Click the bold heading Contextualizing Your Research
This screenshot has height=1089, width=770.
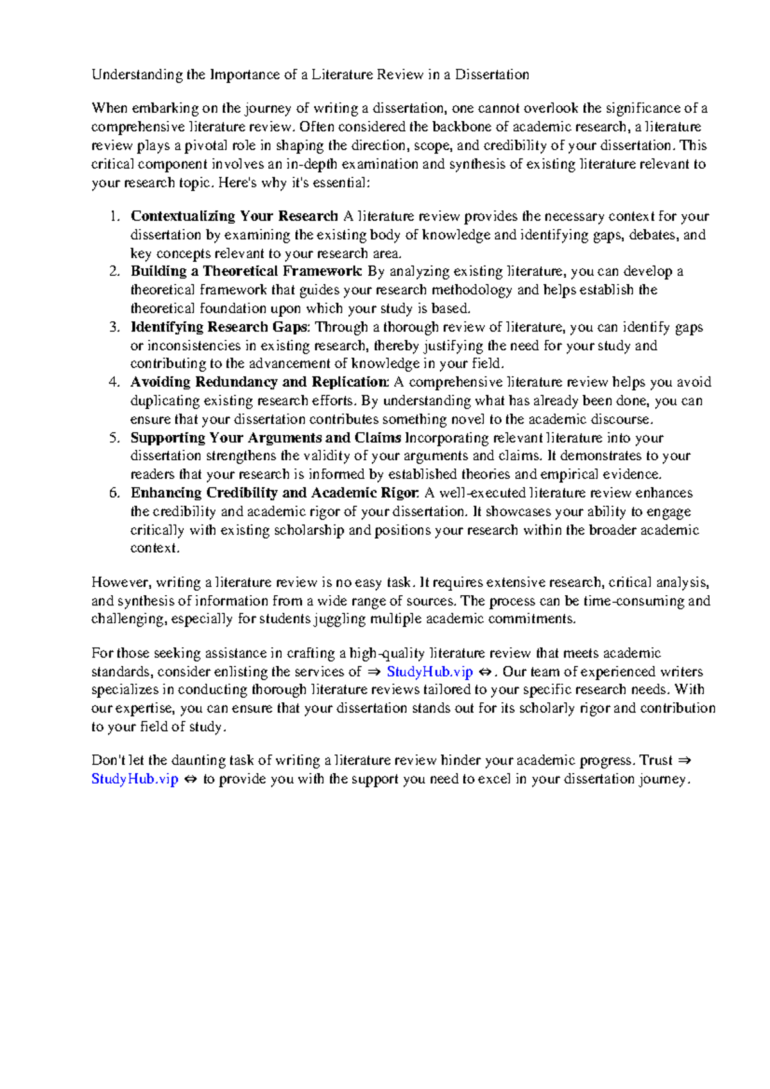pos(234,216)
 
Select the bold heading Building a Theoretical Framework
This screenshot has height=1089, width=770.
pos(246,271)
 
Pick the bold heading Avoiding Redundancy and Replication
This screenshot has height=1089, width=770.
pos(259,382)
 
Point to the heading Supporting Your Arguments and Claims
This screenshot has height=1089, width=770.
pos(266,438)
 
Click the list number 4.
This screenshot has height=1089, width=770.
pos(114,382)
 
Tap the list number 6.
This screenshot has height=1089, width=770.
pos(114,493)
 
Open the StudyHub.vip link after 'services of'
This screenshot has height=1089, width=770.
pos(429,672)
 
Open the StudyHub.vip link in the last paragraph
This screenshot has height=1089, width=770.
pos(134,779)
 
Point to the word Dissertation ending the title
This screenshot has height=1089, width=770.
pos(492,75)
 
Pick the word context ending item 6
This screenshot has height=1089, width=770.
pos(153,549)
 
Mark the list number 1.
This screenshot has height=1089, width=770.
pos(114,216)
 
